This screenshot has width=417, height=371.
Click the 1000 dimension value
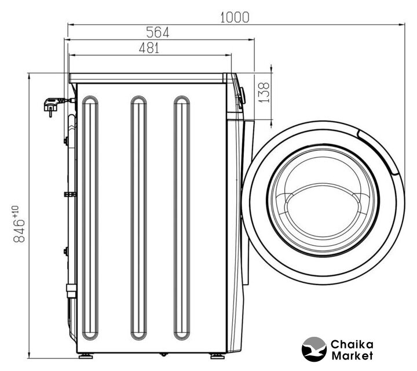point(235,17)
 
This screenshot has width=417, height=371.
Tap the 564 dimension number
point(158,32)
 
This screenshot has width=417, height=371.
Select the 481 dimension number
point(149,48)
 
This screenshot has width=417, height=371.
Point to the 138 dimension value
point(264,92)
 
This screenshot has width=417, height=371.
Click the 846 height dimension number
point(19,231)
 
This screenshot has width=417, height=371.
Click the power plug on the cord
point(52,106)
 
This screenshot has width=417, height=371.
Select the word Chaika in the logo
point(352,344)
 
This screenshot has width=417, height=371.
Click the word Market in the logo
point(352,355)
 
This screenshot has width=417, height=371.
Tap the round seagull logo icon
point(314,349)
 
